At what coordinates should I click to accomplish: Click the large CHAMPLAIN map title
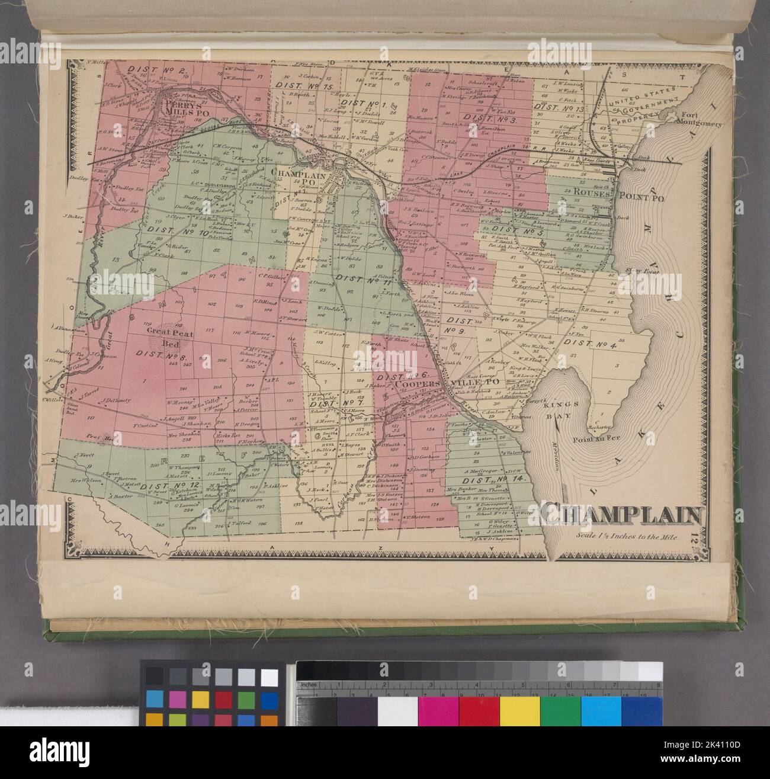point(619,515)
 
